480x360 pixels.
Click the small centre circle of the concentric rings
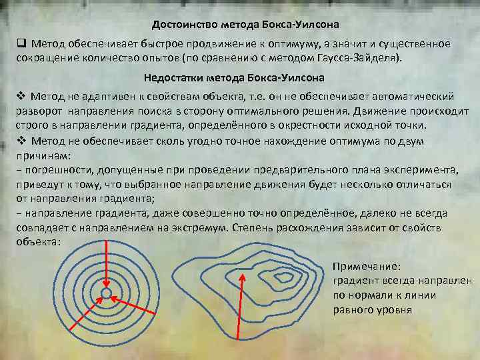(106, 293)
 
